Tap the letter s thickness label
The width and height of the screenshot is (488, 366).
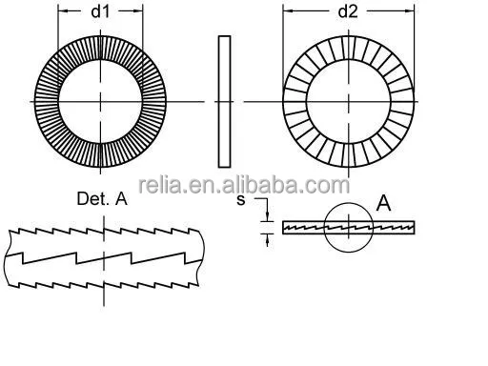(242, 200)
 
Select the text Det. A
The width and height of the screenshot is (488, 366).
(101, 199)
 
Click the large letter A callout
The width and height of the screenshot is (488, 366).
(384, 201)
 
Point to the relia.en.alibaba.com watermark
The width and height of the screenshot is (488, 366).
(244, 184)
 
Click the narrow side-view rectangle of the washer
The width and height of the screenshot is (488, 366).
(225, 101)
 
